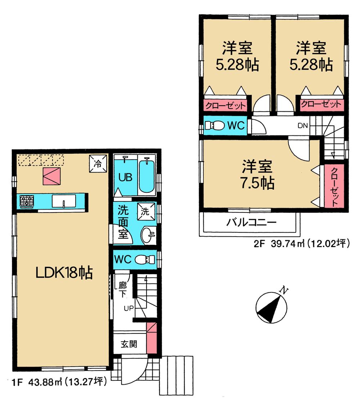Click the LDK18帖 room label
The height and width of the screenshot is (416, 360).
pos(64,273)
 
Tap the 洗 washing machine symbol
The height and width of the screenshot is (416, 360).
pos(146,211)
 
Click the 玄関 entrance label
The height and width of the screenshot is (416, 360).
pos(129,344)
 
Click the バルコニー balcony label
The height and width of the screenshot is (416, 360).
pos(251,222)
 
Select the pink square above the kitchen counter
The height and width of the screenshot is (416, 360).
pos(51,176)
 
